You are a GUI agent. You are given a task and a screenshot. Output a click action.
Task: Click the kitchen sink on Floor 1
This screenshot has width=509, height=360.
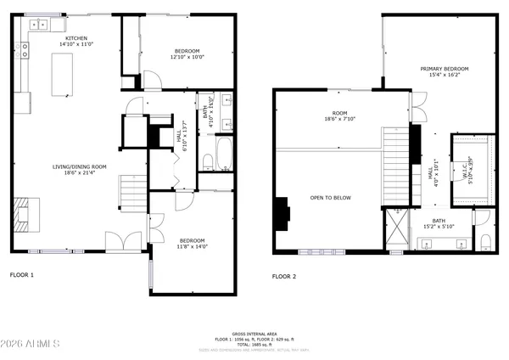39,25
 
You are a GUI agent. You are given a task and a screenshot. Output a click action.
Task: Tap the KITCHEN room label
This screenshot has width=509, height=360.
75,37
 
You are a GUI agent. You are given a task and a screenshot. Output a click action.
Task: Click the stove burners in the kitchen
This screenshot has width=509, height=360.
25,52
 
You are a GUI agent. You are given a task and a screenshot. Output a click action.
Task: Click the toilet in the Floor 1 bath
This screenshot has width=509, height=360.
209,161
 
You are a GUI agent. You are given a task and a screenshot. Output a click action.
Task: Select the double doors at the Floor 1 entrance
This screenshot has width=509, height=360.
124,242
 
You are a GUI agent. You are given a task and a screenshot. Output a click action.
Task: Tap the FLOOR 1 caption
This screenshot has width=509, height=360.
22,275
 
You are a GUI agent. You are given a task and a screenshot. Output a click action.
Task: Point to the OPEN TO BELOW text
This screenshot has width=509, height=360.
331,198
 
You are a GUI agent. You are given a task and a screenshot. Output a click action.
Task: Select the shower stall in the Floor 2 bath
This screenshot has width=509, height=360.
394,232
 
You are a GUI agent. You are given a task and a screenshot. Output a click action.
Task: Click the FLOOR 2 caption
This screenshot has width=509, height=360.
284,276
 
